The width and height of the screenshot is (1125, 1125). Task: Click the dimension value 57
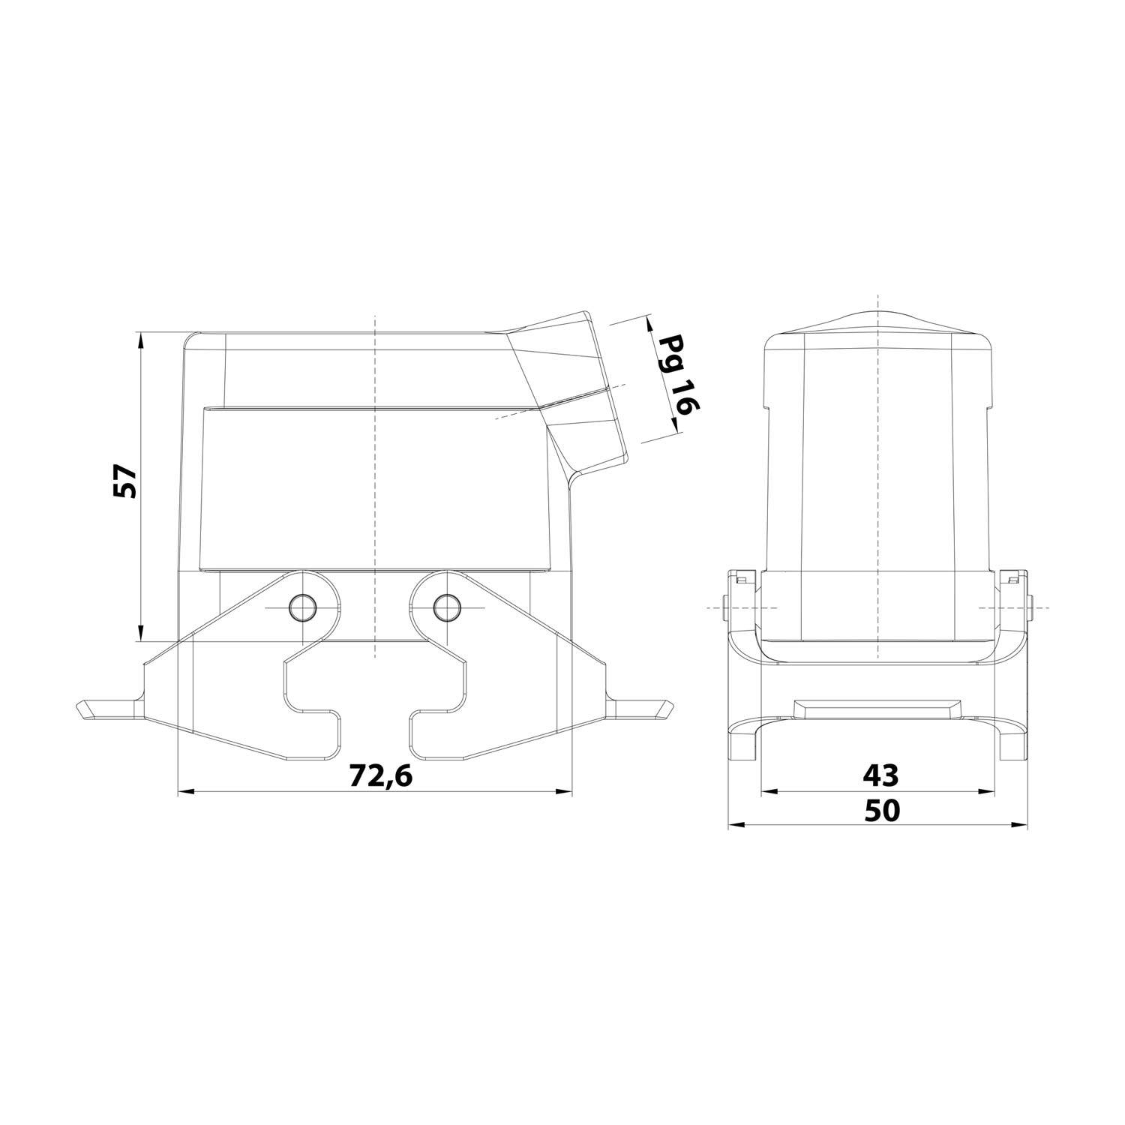click(x=125, y=481)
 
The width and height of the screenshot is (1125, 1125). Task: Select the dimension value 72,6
click(x=381, y=776)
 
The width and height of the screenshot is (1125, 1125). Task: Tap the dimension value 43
click(x=880, y=775)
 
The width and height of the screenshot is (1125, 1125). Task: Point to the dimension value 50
click(x=880, y=811)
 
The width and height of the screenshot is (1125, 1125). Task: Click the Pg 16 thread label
click(x=679, y=375)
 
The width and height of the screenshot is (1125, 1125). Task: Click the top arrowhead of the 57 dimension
click(x=140, y=339)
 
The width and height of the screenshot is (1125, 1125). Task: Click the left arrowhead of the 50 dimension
click(x=736, y=825)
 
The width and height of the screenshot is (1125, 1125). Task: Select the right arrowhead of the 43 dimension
click(x=988, y=791)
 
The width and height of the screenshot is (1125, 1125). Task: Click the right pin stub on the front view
click(x=1033, y=607)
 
